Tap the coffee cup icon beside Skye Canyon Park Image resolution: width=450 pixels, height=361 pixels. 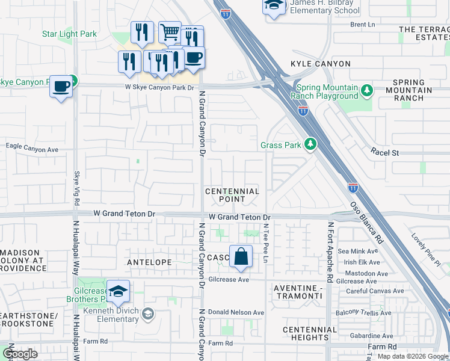(x=61, y=86)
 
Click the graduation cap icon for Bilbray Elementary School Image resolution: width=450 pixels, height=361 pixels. (x=274, y=5)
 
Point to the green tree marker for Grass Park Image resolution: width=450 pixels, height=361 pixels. (x=310, y=144)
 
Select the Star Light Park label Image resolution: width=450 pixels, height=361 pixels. (x=69, y=34)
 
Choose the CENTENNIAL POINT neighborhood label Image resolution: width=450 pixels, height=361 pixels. (x=232, y=195)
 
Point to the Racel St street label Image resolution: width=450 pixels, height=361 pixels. (x=385, y=153)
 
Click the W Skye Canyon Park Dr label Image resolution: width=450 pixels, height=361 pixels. (x=160, y=88)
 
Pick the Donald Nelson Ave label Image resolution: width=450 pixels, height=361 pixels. (x=236, y=312)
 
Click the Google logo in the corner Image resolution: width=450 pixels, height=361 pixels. (x=20, y=354)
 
